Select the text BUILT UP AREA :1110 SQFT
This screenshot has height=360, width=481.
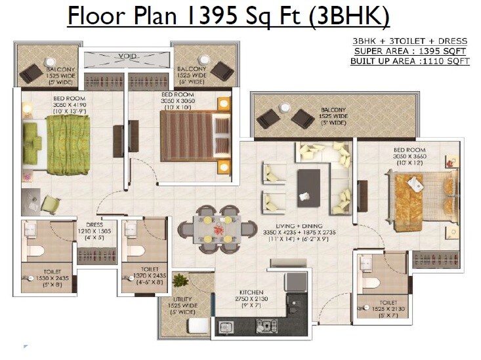[x=409, y=61]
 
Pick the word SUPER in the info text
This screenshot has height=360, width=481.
[x=369, y=51]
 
